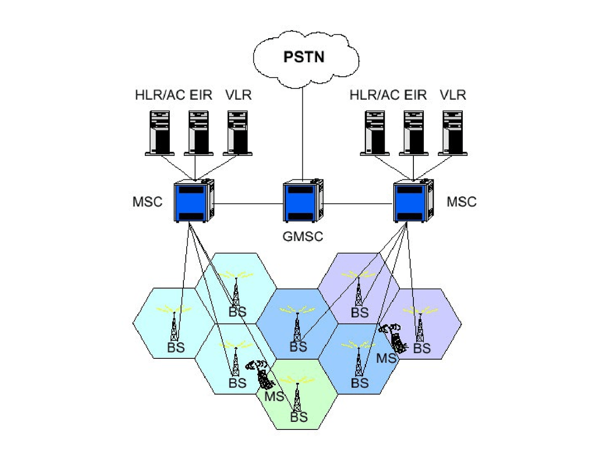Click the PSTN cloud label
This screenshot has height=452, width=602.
click(303, 57)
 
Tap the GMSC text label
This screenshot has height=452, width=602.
click(302, 236)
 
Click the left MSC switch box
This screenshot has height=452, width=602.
click(193, 202)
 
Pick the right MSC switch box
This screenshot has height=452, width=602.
click(412, 202)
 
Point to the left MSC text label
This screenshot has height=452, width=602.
click(147, 202)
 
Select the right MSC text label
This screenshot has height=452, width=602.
click(461, 202)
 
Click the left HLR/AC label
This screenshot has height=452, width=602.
click(160, 95)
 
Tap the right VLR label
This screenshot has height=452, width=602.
click(453, 95)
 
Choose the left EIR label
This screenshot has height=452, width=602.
click(201, 95)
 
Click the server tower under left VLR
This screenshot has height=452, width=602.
click(238, 132)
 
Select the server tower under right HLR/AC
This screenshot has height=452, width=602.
click(375, 132)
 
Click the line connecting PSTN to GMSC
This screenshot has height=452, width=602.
click(302, 132)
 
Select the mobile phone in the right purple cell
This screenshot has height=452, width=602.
click(396, 338)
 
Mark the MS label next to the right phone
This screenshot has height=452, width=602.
click(386, 358)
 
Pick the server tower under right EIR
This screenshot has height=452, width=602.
click(414, 132)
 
